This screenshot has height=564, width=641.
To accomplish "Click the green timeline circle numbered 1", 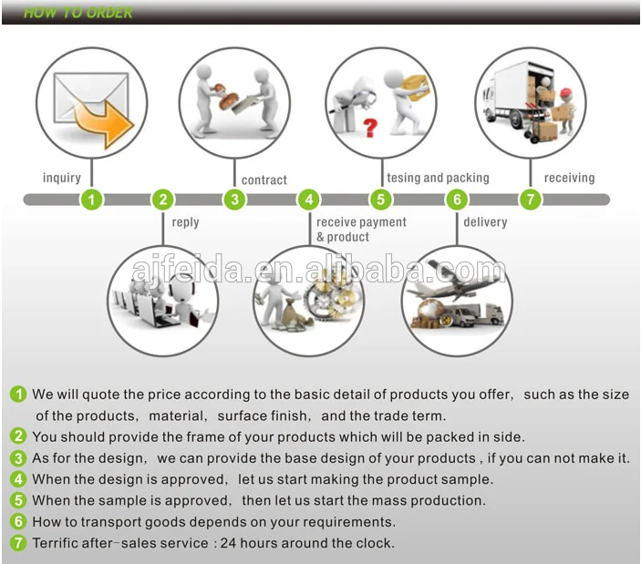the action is [91, 200].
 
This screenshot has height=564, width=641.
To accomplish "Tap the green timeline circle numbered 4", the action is [309, 200].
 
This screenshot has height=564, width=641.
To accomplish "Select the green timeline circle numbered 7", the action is [530, 200].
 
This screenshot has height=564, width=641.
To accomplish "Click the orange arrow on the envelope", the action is [104, 122].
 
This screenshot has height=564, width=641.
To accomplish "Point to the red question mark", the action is [370, 128].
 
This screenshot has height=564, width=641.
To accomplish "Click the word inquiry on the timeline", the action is [62, 178].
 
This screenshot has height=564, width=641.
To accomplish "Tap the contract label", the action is [264, 180].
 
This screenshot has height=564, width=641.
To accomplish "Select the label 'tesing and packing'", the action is [438, 178].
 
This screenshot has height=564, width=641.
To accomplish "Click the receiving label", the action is [569, 178].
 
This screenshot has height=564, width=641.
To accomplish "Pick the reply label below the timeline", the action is [186, 222].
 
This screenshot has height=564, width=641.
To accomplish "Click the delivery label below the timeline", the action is [485, 222].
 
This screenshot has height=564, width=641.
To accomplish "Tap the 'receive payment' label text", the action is [361, 222].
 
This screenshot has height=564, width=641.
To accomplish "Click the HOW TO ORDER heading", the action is [78, 13].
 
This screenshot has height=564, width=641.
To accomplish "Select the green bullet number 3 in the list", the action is [18, 458].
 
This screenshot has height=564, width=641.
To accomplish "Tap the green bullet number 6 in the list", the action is [18, 521].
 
